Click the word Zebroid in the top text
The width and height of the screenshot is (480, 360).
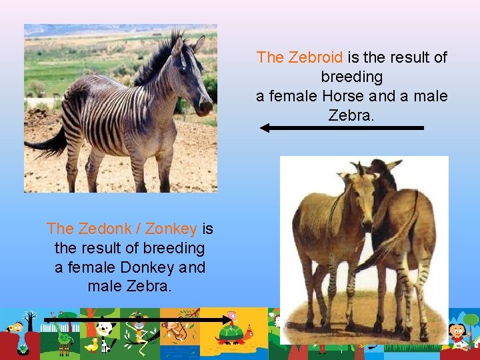316,57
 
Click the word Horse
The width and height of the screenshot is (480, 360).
343,96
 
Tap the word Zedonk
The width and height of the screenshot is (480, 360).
102,229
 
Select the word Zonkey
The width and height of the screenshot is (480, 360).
171,229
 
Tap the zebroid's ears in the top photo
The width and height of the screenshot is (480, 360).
187,45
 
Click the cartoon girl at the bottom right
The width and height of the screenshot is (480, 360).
456,331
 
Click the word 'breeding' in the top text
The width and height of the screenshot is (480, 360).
351,77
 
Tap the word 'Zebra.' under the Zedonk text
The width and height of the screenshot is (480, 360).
129,287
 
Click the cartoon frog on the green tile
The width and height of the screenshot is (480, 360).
65,337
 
